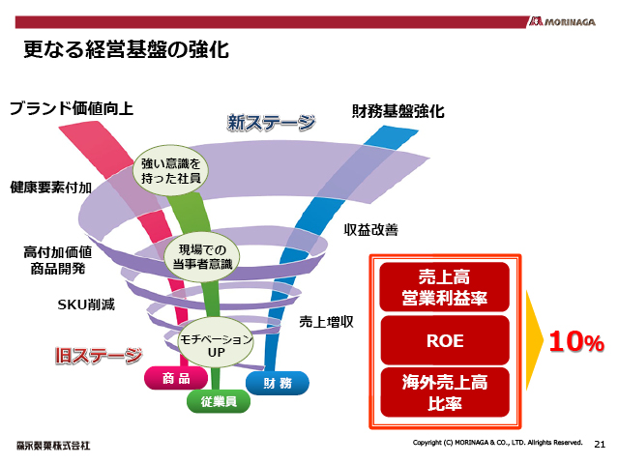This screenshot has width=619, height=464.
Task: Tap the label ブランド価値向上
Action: [x=71, y=107]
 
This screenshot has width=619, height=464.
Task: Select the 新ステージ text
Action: [x=272, y=123]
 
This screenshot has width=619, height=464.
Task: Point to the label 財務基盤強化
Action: [x=398, y=111]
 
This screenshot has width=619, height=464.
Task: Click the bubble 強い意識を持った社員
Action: [x=170, y=172]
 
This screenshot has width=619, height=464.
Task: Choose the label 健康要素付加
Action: [x=50, y=186]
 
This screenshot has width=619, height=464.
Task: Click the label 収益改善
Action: [x=371, y=230]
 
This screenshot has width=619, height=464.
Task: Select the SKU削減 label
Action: [x=85, y=304]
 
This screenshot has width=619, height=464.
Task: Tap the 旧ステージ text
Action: [x=98, y=355]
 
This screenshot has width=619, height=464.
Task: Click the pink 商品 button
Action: [x=177, y=379]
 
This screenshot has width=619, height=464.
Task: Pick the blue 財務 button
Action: [x=279, y=382]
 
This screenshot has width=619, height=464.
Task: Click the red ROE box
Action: [x=444, y=340]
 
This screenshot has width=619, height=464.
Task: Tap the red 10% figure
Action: [x=576, y=341]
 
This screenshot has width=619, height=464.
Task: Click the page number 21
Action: [x=600, y=444]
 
